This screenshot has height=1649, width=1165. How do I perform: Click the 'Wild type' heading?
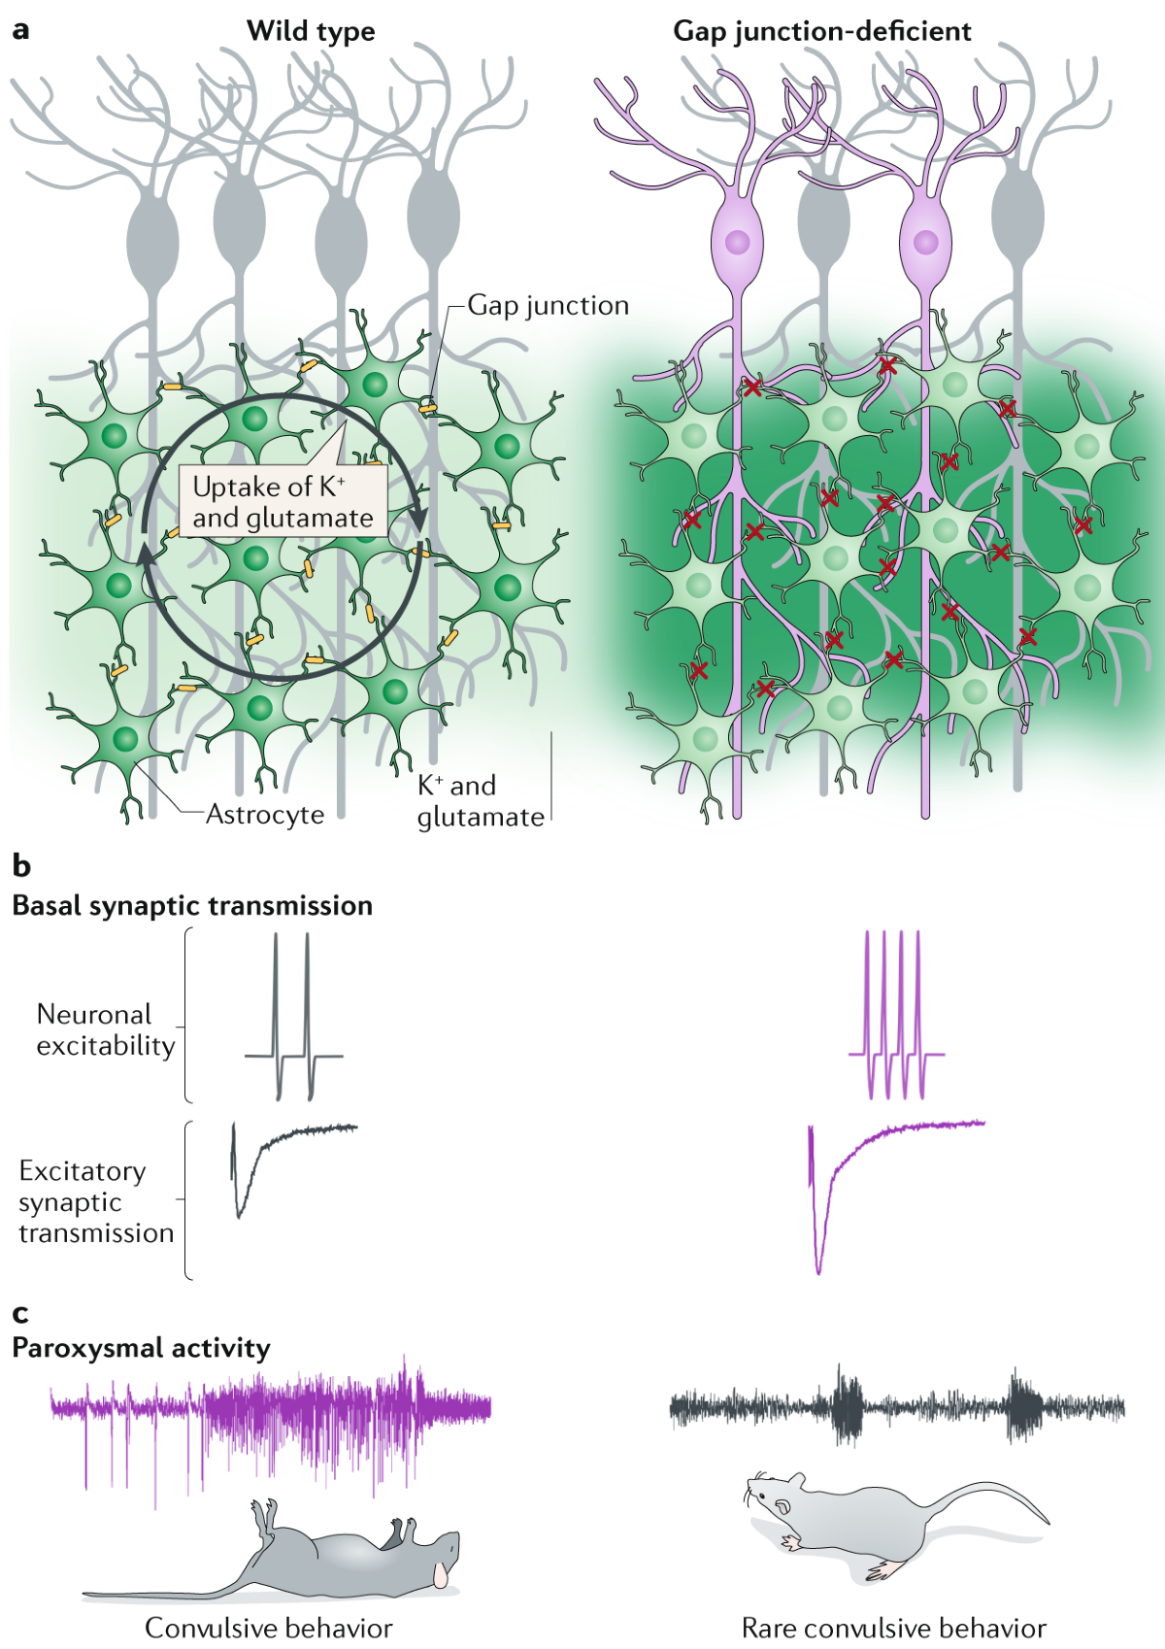click(311, 31)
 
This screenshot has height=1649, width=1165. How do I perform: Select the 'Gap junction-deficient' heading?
click(821, 31)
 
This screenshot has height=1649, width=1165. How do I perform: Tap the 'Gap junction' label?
click(548, 305)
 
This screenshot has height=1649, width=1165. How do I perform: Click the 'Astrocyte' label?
click(265, 814)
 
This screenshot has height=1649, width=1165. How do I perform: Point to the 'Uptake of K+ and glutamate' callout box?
click(283, 501)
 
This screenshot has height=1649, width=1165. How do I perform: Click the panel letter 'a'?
click(20, 30)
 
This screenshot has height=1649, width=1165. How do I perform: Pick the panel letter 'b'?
click(21, 865)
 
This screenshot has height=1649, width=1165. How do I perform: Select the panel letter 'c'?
click(20, 1314)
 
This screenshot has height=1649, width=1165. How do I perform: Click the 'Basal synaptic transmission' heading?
click(192, 905)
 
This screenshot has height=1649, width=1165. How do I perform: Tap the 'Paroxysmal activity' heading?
click(141, 1348)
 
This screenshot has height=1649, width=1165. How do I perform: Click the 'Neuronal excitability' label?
click(106, 1029)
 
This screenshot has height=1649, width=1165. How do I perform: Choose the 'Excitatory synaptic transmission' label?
click(95, 1201)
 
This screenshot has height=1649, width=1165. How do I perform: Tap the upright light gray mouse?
click(874, 1520)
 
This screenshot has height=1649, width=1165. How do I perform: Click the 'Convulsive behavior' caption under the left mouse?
click(268, 1628)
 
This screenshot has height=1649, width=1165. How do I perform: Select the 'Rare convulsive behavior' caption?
click(893, 1628)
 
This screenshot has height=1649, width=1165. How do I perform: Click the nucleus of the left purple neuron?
click(738, 240)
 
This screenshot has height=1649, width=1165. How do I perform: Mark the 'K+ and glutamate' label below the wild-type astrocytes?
click(480, 801)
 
